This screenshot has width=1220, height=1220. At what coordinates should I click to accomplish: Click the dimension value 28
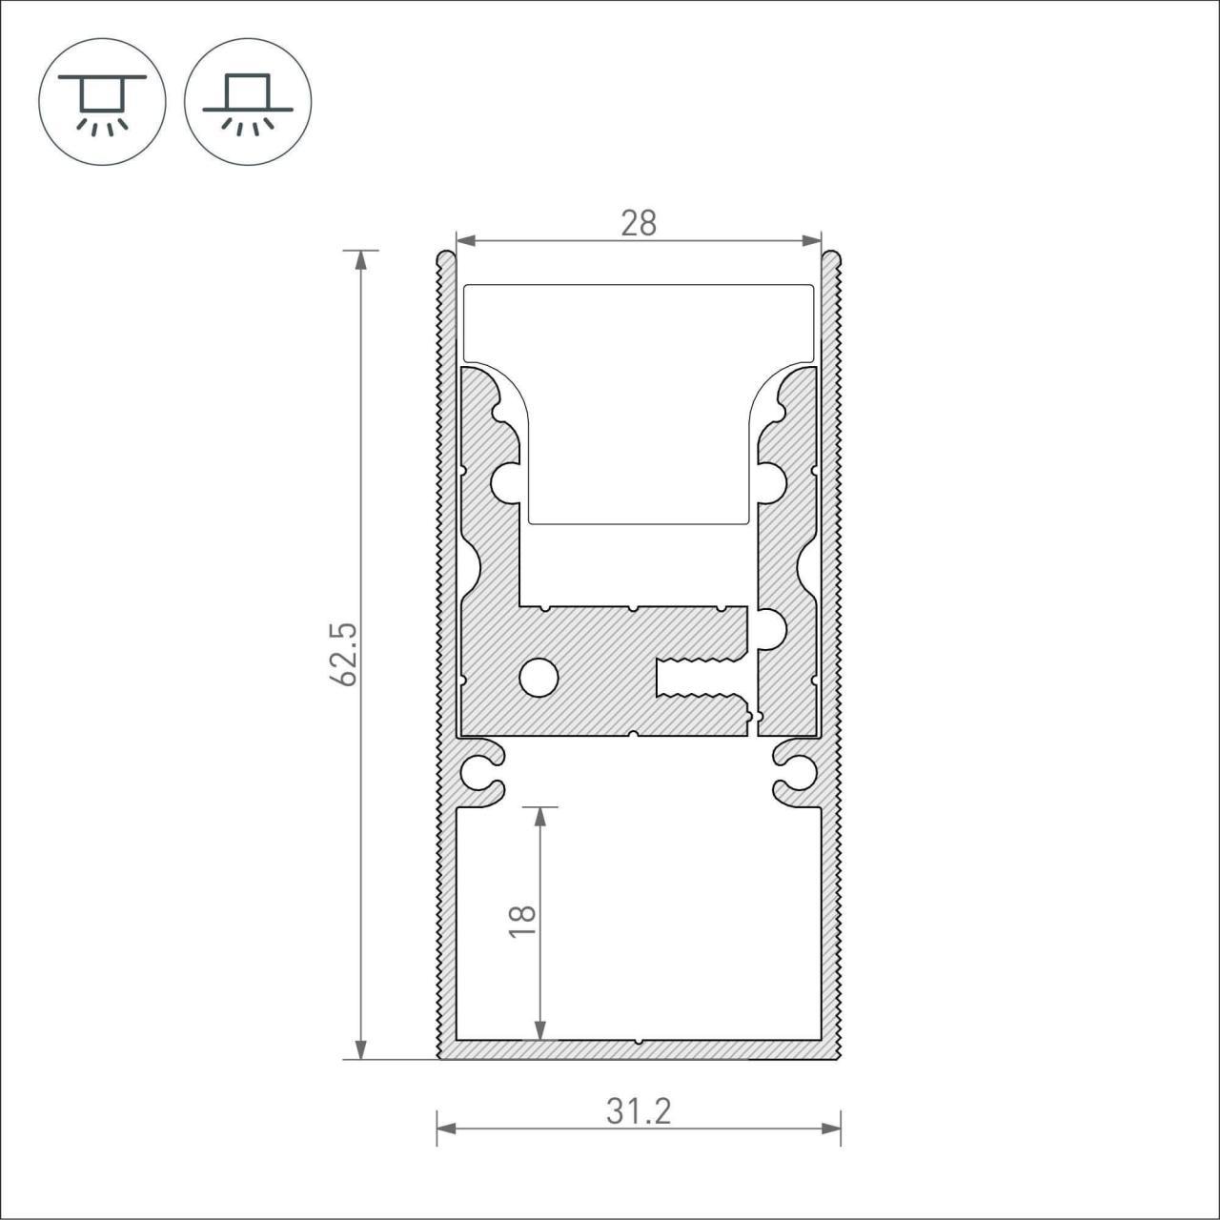pos(639,223)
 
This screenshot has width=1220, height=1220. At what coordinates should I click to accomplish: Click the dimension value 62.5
pos(344,654)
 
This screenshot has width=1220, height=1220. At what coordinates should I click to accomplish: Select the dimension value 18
pos(523,921)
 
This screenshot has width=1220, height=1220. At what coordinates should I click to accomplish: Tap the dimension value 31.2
pos(639,1111)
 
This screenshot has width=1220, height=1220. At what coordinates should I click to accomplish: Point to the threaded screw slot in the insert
pos(701,678)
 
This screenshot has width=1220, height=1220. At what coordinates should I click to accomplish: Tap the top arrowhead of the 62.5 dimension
pos(360,259)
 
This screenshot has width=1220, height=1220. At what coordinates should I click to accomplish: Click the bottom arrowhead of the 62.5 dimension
pos(360,1049)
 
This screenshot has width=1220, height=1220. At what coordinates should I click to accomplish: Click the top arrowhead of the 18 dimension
pos(540,816)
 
